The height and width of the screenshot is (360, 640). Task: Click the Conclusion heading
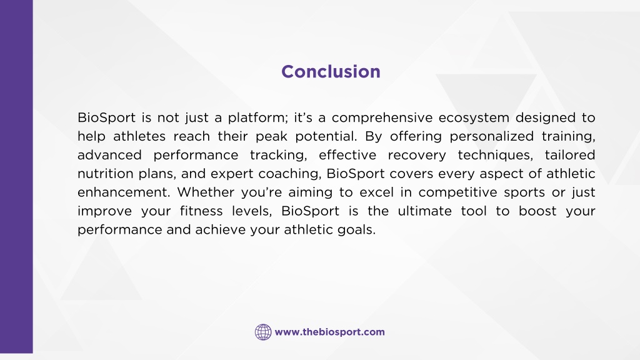(x=331, y=71)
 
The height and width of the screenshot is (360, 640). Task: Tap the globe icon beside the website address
(x=263, y=332)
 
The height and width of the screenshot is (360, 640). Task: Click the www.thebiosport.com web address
(x=330, y=332)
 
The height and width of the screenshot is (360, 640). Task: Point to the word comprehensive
(x=382, y=118)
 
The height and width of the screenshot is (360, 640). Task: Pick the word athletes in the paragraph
(x=139, y=136)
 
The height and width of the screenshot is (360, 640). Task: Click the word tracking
(x=278, y=156)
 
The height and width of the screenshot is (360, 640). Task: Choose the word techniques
(x=495, y=156)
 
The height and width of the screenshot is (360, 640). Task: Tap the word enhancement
(x=123, y=192)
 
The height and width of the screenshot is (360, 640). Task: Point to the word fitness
(x=202, y=211)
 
